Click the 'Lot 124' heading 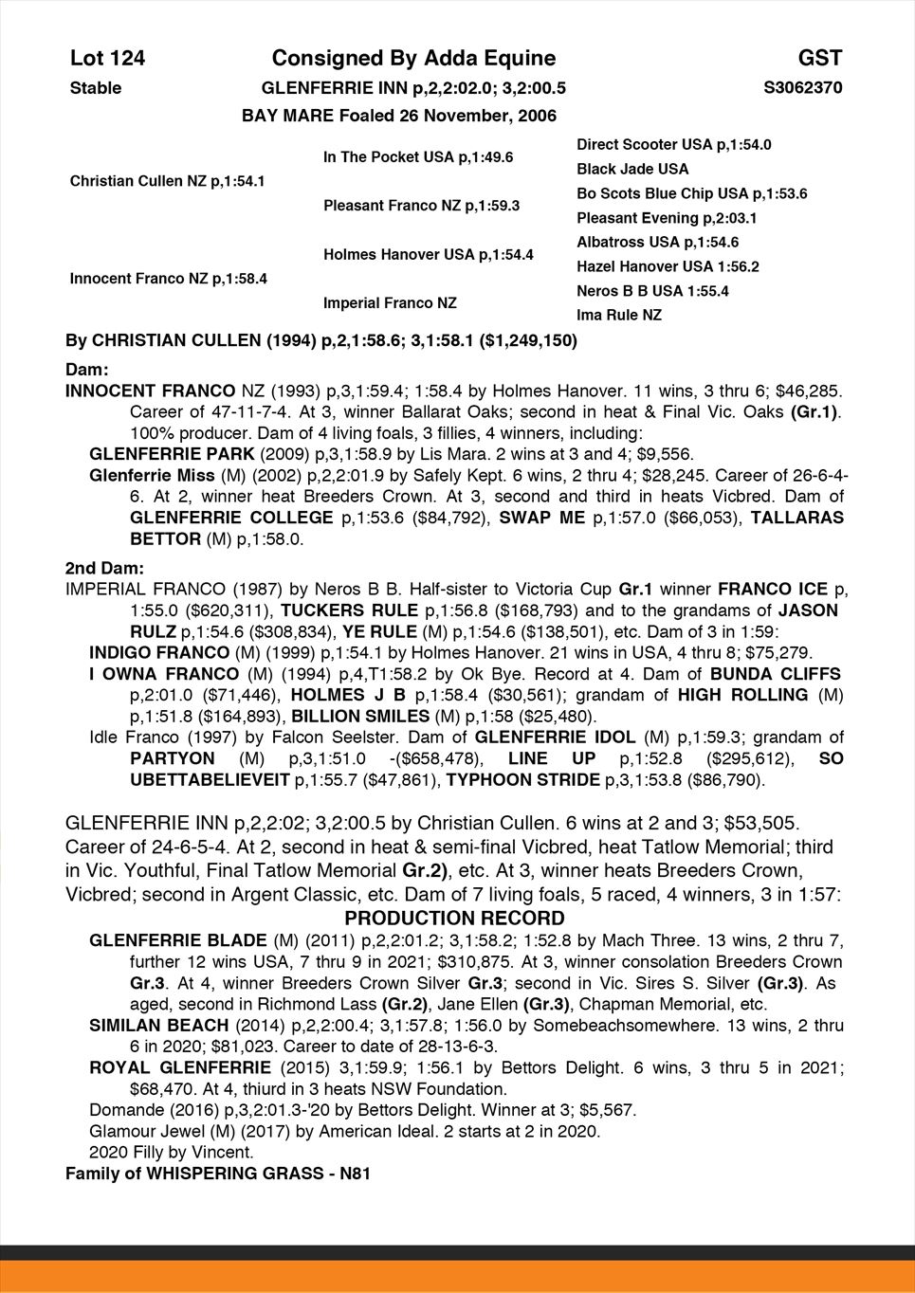[107, 59]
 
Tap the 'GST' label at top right [819, 59]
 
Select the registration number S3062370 [802, 88]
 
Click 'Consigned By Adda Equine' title [413, 59]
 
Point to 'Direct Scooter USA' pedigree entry [673, 145]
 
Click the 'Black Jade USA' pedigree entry [632, 169]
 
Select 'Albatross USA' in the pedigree [657, 242]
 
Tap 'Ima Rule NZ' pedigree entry [619, 315]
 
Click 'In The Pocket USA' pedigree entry [418, 157]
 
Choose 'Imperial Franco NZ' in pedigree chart [390, 303]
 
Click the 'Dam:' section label [87, 368]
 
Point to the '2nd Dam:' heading [104, 568]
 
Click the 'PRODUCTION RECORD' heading [454, 919]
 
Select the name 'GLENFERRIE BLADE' [177, 940]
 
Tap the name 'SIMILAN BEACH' [158, 1025]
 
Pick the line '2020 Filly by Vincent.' [172, 1153]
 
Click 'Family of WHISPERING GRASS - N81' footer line [217, 1174]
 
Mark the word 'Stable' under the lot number [96, 88]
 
